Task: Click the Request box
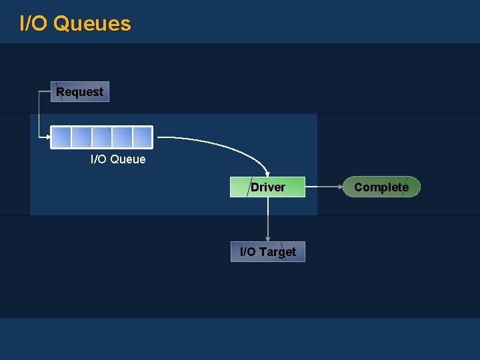click(80, 92)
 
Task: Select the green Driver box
click(267, 187)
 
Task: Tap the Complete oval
click(381, 187)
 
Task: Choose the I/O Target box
click(267, 252)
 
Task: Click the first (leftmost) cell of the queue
click(61, 137)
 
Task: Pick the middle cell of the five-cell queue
click(102, 137)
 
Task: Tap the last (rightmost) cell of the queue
click(143, 137)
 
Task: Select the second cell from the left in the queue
click(81, 137)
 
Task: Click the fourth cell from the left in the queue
click(122, 137)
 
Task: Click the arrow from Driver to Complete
click(324, 187)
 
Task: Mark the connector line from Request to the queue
click(39, 113)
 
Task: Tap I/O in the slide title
click(33, 24)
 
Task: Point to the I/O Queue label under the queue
click(118, 159)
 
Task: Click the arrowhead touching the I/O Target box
click(267, 238)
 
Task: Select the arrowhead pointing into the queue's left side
click(48, 137)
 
